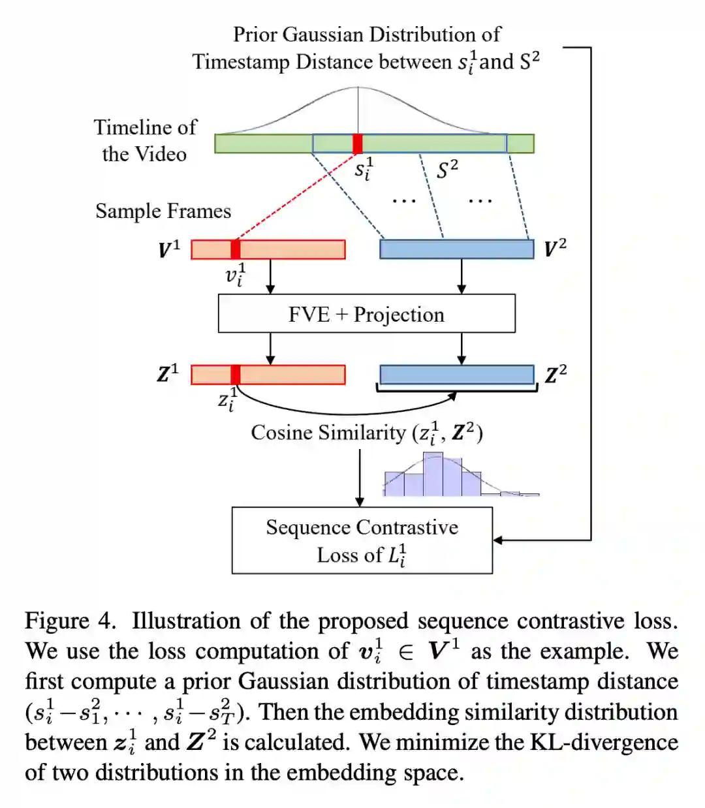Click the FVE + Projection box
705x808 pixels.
pos(366,314)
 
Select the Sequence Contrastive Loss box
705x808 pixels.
pos(362,540)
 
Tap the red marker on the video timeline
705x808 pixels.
pos(357,144)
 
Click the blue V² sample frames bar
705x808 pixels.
pos(456,249)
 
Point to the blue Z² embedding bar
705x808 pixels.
pos(456,375)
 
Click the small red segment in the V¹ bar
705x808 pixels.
pos(236,249)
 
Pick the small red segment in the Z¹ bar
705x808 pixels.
pos(236,375)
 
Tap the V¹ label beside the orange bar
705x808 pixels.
pos(168,249)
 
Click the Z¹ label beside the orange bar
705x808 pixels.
pos(167,374)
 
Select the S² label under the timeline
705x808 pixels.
pos(447,170)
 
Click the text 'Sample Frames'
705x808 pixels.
pos(163,211)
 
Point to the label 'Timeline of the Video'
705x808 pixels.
pos(144,140)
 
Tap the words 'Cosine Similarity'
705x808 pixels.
pos(328,433)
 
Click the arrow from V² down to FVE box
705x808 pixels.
pos(462,276)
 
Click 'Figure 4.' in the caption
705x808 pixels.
pos(70,621)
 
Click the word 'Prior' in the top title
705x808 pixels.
pos(255,35)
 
